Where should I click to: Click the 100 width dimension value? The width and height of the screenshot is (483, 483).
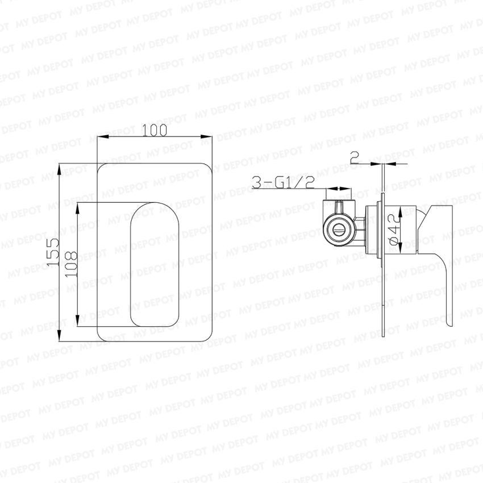[155, 130]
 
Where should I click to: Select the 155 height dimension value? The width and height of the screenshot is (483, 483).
[53, 250]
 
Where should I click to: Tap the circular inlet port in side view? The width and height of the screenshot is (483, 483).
[339, 229]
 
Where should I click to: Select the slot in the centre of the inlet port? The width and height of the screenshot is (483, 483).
[339, 230]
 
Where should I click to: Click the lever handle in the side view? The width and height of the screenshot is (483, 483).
[440, 256]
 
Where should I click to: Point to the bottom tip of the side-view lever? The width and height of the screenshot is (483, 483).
[448, 326]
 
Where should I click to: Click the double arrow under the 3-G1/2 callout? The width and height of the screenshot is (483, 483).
[340, 188]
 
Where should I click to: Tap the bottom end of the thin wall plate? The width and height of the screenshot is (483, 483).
[384, 336]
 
